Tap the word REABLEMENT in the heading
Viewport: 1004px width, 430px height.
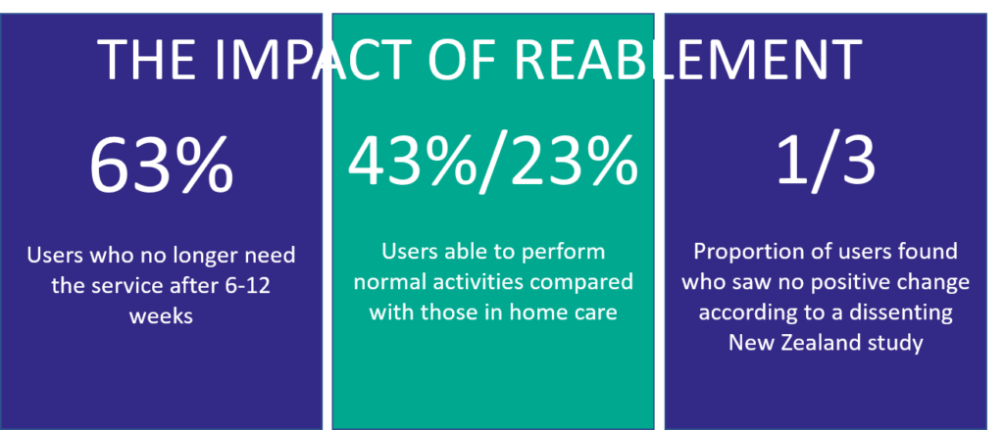tap(688, 61)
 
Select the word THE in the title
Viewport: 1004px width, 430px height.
tap(148, 61)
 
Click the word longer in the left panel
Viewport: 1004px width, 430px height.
tap(200, 257)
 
